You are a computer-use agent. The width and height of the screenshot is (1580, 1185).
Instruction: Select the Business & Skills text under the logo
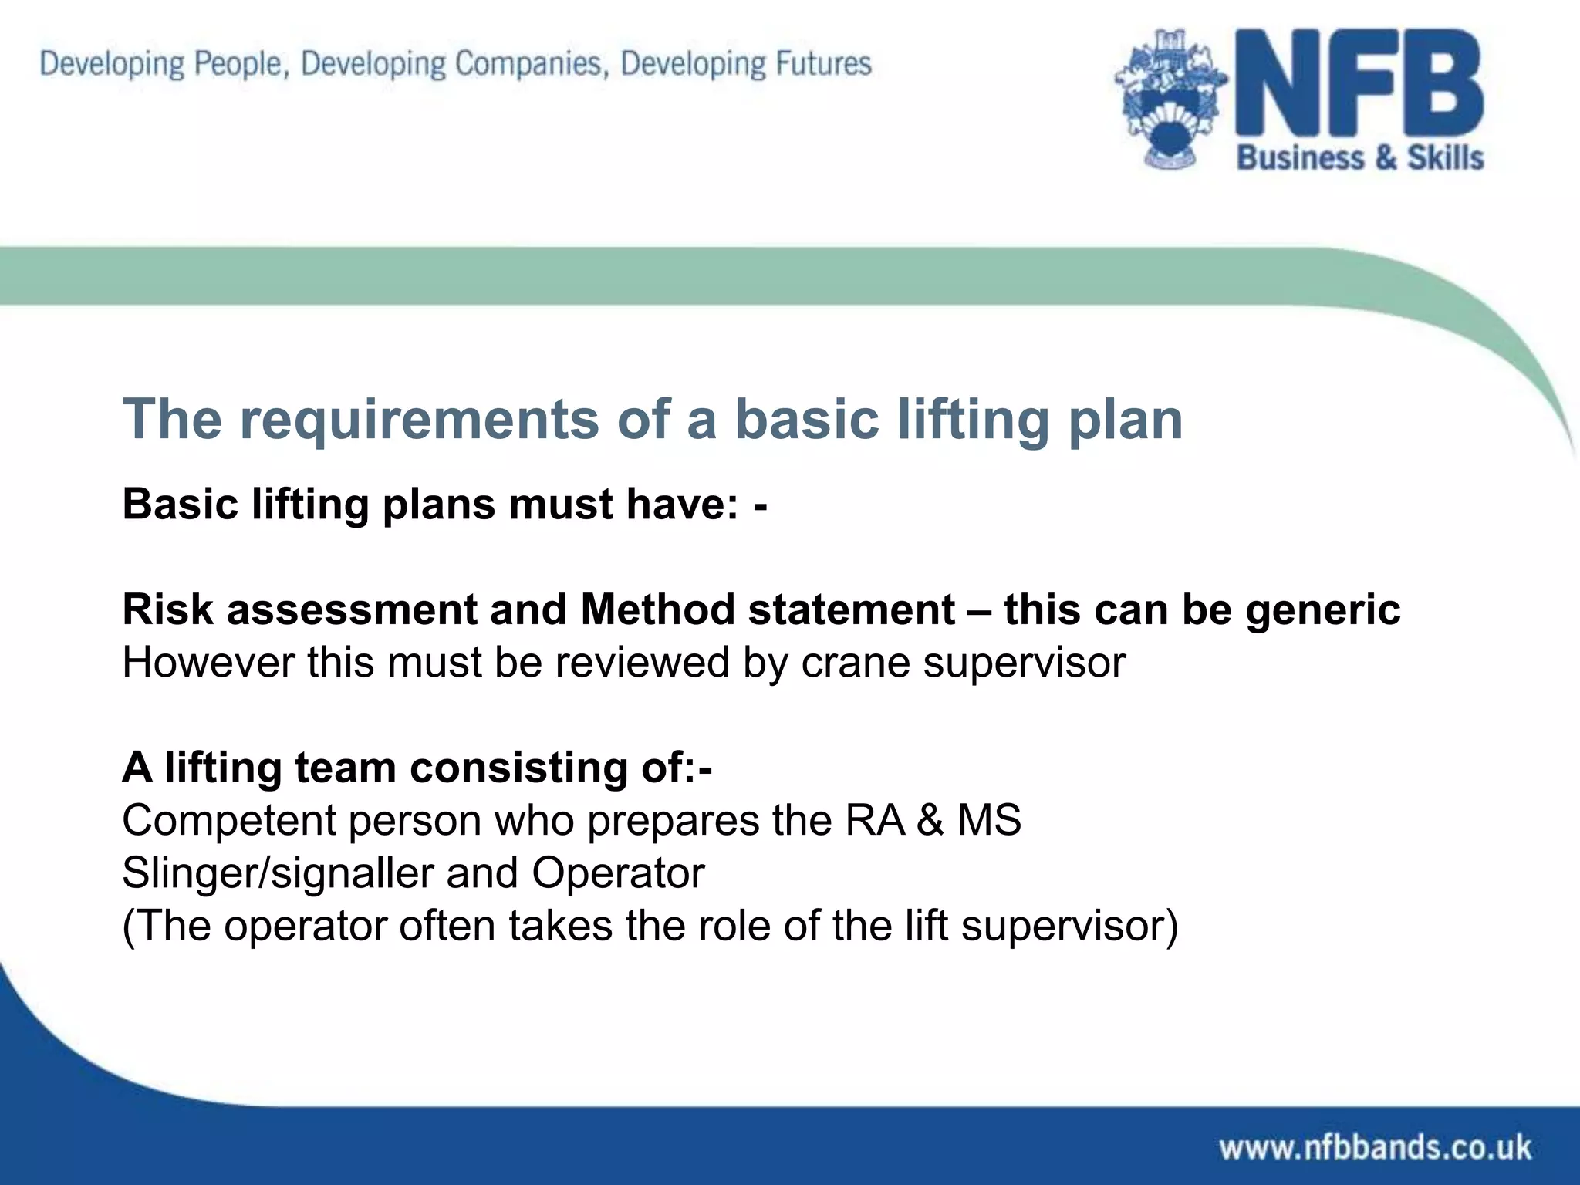click(1360, 158)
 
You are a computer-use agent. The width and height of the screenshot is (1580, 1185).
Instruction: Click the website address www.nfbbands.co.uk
click(1375, 1147)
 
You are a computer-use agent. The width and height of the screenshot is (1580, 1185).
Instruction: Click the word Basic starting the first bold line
click(181, 505)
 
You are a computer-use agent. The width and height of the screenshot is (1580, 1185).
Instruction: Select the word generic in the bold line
click(1322, 611)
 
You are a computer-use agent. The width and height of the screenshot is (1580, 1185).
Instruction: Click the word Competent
click(228, 821)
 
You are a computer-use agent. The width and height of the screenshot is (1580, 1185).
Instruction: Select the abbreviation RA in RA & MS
click(874, 820)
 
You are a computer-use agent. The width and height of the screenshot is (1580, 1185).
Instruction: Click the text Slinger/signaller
click(278, 874)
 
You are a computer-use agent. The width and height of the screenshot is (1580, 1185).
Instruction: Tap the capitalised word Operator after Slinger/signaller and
click(618, 874)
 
